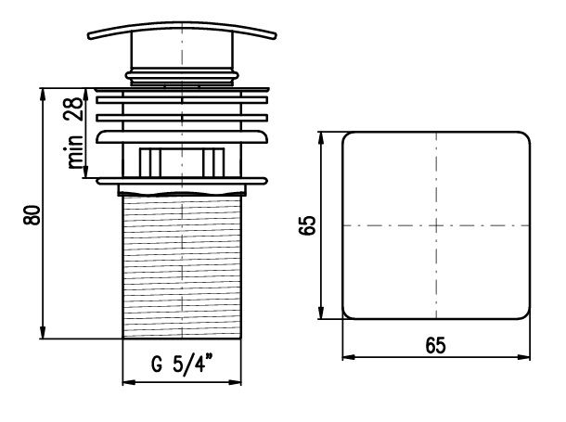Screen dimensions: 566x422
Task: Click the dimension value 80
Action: [x=32, y=215]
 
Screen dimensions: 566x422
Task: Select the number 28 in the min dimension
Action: [x=73, y=109]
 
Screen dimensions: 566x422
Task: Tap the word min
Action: [x=75, y=152]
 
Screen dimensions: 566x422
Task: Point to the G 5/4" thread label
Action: [x=183, y=364]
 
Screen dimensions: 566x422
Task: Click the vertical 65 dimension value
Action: [x=307, y=225]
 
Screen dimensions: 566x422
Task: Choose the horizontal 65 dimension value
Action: [x=436, y=345]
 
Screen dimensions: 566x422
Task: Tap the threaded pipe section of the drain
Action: [x=182, y=266]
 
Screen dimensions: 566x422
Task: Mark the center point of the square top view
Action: [x=436, y=225]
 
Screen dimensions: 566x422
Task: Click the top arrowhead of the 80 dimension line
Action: [x=43, y=94]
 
